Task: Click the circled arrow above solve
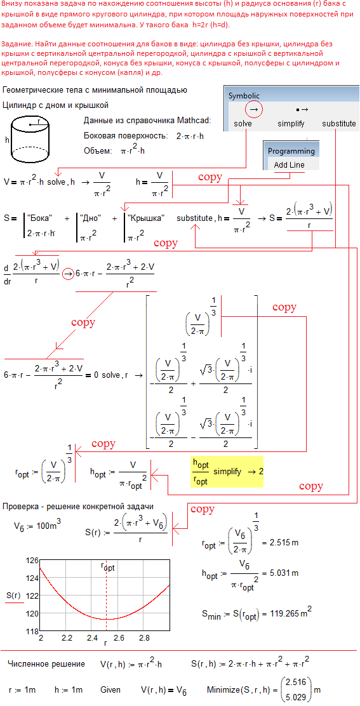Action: pos(254,109)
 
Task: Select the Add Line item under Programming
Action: pos(289,165)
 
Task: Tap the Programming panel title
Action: pos(291,151)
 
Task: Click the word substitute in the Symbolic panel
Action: pos(339,123)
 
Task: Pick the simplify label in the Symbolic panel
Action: pos(291,123)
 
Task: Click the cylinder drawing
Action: pos(29,140)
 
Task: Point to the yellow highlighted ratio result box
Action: pos(227,471)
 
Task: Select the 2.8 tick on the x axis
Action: pos(145,638)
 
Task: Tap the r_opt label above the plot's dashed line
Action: pos(107,566)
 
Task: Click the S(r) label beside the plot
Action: pos(14,596)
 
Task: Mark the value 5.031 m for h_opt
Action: pos(284,573)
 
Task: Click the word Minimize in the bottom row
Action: pos(222,689)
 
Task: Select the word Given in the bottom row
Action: pos(110,689)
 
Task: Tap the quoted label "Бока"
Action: pos(40,218)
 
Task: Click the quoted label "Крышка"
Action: pos(146,218)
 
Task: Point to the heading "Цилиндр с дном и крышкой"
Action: pos(55,105)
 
